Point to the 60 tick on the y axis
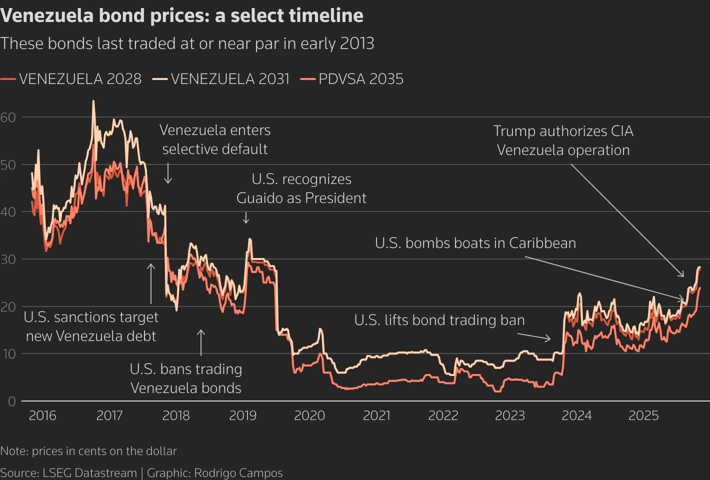[8, 117]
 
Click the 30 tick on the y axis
[8, 259]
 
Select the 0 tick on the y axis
[11, 401]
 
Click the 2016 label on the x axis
[42, 415]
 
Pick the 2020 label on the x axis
[309, 415]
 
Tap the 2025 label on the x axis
[643, 415]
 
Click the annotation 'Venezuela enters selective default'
[215, 139]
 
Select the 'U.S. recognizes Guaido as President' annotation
[301, 188]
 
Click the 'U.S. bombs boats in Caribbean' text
[475, 243]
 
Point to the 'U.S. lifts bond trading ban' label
[439, 320]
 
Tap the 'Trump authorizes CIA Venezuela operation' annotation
[563, 140]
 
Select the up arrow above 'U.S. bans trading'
[201, 342]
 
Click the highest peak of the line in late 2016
[93, 101]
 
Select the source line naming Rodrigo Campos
[141, 473]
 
